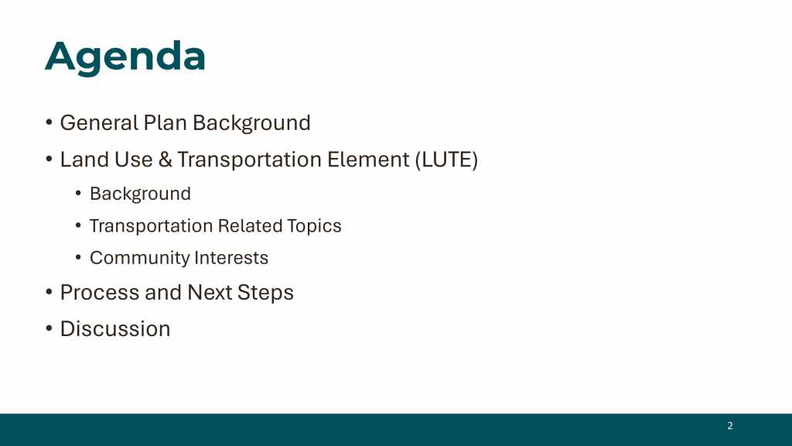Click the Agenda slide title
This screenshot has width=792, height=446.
(x=125, y=57)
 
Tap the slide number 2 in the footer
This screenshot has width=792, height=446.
(x=730, y=426)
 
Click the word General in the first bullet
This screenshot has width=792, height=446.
(x=99, y=123)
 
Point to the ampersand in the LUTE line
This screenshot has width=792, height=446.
(x=165, y=160)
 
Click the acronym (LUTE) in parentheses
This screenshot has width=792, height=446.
(x=446, y=160)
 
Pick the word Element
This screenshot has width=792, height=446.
(x=368, y=160)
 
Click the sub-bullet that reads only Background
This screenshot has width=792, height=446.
(x=141, y=194)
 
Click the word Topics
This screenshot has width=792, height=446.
(x=314, y=226)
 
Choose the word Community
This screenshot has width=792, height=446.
(x=139, y=258)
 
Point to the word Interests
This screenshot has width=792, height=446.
(x=231, y=258)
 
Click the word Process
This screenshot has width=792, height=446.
(x=100, y=292)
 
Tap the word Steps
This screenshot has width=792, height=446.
(x=265, y=293)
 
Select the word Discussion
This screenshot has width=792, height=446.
(x=115, y=329)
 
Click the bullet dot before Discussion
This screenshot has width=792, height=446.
(x=49, y=328)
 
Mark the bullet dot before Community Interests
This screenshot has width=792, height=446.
(x=78, y=257)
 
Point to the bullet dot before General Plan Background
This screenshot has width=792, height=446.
(x=49, y=122)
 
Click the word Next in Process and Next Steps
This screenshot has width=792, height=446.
(x=210, y=292)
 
